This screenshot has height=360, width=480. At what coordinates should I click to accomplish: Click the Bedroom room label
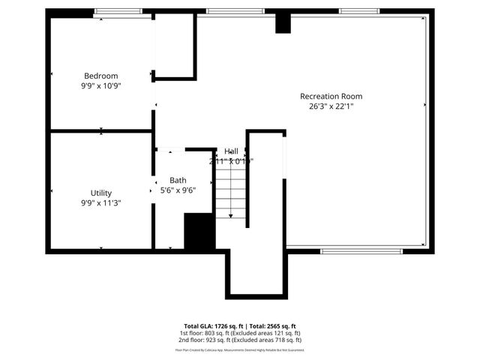[100, 76]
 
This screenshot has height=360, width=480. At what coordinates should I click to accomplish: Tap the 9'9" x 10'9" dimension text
[100, 85]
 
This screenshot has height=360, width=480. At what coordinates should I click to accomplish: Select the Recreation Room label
[331, 96]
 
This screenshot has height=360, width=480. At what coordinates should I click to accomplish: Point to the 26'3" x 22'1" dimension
[331, 106]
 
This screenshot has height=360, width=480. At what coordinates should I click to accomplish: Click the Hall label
[231, 151]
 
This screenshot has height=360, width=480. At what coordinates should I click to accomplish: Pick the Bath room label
[178, 180]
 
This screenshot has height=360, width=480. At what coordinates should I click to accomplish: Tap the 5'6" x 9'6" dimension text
[178, 190]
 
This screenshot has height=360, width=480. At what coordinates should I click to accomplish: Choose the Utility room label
[101, 193]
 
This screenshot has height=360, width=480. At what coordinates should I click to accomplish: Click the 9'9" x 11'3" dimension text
[101, 202]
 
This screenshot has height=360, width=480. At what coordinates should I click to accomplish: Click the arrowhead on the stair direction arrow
[231, 216]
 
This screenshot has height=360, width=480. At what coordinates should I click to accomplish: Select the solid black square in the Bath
[199, 232]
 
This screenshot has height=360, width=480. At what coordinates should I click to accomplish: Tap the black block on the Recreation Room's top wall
[283, 22]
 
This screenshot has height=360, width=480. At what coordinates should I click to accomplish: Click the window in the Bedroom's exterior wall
[118, 11]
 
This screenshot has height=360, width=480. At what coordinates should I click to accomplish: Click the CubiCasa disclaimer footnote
[239, 349]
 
